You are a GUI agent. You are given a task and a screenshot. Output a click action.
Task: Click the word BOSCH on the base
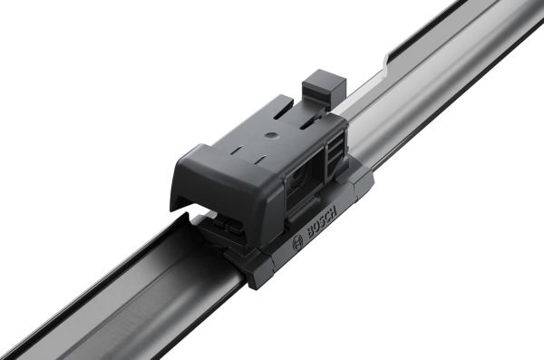[321, 222]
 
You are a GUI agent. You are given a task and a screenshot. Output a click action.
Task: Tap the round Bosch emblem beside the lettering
[298, 244]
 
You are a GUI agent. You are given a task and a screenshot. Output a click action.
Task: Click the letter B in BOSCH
[309, 234]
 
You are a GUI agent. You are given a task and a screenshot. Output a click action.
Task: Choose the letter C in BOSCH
[327, 216]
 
